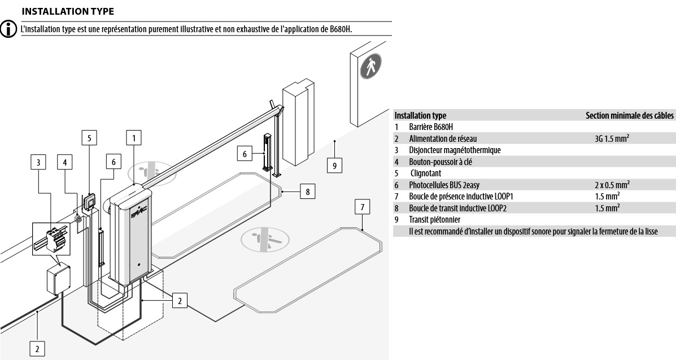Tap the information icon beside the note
point(8,29)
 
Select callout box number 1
point(133,137)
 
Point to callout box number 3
point(38,162)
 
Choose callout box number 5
point(89,137)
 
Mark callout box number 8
point(307,192)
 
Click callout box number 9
point(335,166)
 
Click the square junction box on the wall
point(58,279)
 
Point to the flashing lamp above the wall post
point(89,201)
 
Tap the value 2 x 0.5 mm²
point(612,184)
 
